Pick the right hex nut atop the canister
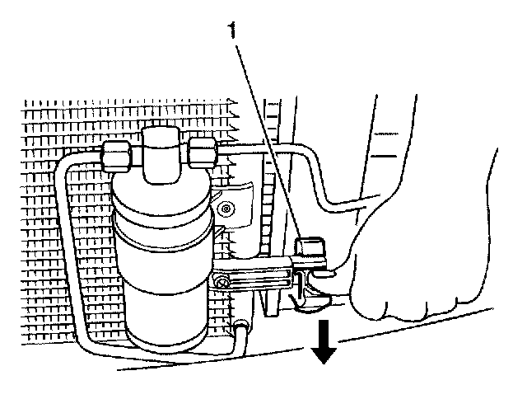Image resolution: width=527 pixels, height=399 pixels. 203,151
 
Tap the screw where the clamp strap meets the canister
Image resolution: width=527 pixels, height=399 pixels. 222,284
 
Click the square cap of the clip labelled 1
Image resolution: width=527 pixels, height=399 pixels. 310,246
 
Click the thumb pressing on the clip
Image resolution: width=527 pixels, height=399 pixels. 346,247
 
